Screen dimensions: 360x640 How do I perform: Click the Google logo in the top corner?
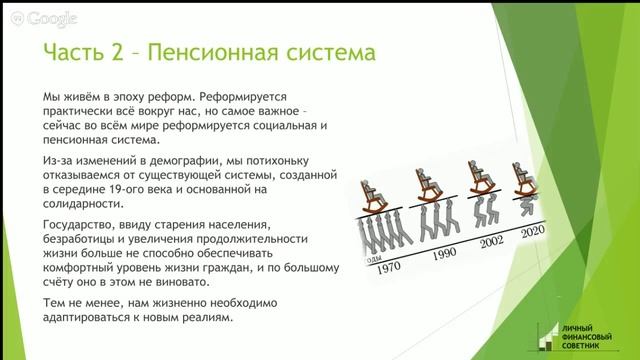coord(42,18)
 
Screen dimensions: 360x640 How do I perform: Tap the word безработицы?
coord(74,241)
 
